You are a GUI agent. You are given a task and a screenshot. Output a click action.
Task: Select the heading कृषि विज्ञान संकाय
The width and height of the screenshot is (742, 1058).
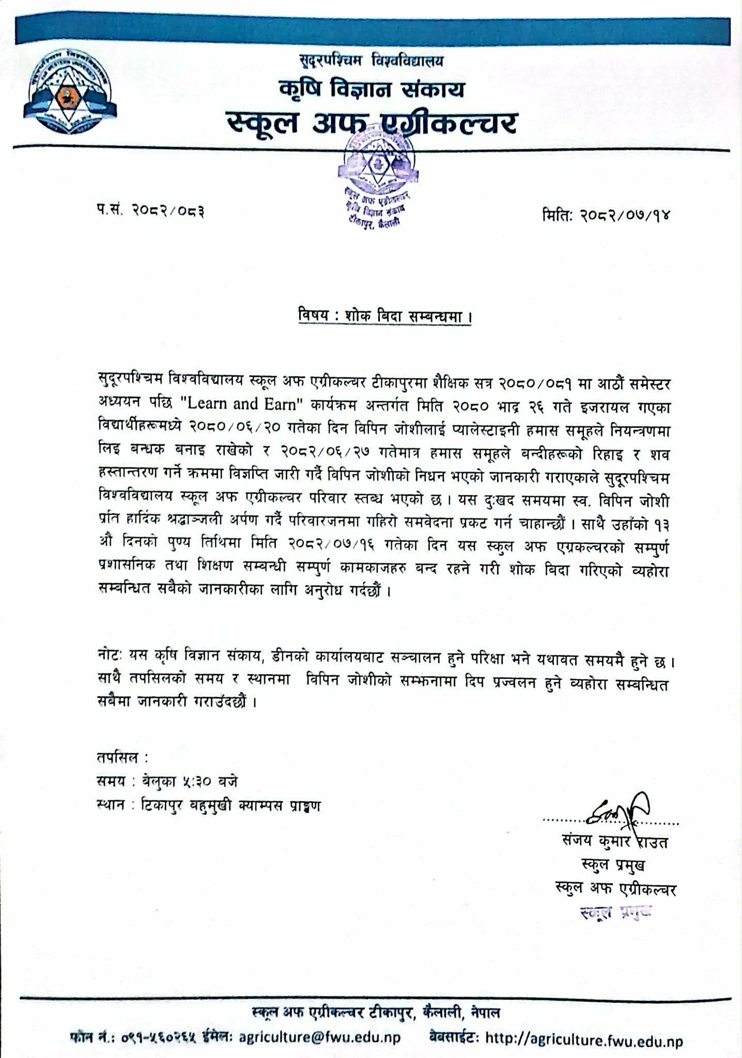[x=371, y=89]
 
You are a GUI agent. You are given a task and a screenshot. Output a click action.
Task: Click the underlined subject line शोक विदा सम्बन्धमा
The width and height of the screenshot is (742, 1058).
[x=385, y=316]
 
